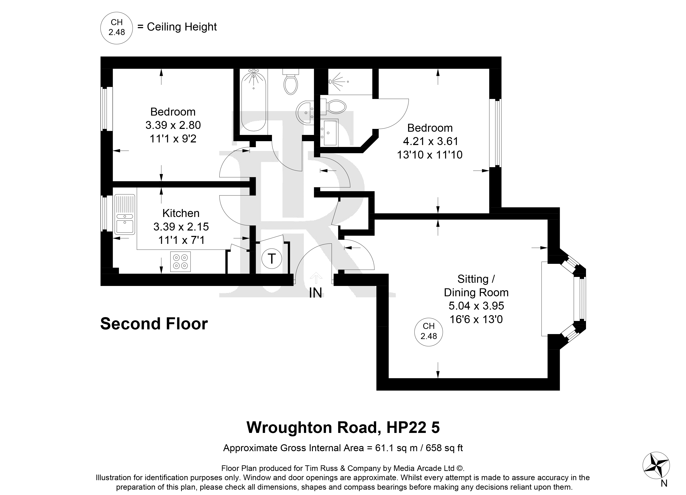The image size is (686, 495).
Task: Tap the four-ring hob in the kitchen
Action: point(180,262)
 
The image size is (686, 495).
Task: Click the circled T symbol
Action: point(272,259)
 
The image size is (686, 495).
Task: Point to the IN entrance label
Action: point(315,293)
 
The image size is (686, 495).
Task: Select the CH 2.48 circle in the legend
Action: point(117,27)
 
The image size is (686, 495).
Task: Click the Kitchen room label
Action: point(181,213)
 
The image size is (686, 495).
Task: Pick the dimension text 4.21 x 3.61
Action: point(430,141)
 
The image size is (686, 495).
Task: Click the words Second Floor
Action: point(154,324)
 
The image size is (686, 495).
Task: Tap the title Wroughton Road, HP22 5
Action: point(343,427)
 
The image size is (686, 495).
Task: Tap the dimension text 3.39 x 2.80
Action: point(173,125)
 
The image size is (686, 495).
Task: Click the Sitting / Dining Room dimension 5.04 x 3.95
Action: point(476,306)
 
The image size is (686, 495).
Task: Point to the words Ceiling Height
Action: point(182,27)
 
